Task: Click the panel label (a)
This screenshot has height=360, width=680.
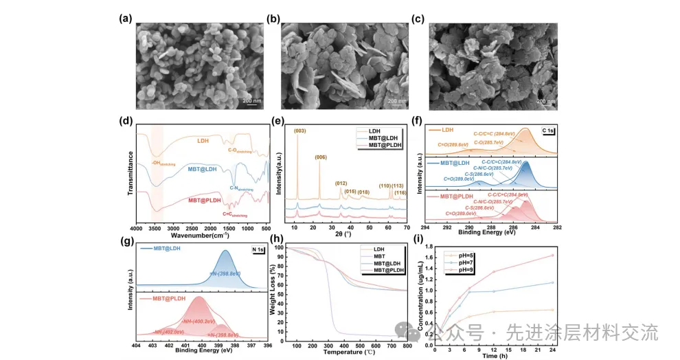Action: click(x=125, y=19)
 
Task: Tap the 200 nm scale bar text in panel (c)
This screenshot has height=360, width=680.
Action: click(x=546, y=102)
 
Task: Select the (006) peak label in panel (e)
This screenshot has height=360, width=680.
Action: click(x=320, y=157)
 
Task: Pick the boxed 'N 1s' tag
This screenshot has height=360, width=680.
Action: click(x=258, y=249)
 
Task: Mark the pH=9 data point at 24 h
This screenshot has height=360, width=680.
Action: click(x=552, y=256)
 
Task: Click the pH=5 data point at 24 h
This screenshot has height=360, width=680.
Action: click(x=552, y=310)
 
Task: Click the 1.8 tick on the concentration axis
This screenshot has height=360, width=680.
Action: click(x=429, y=246)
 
